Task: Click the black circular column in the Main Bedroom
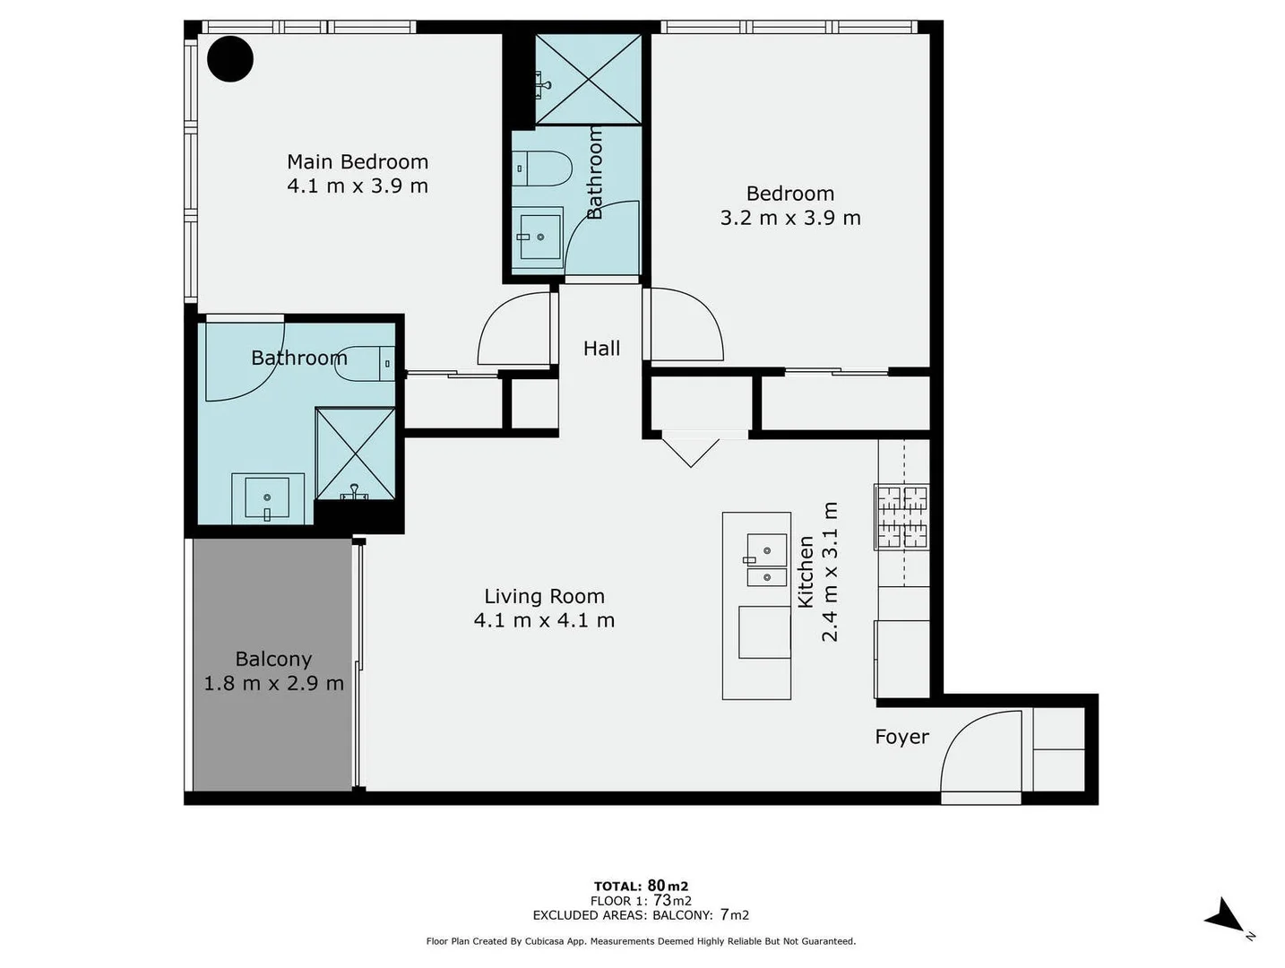coord(230,59)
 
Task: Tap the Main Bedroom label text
coord(358,162)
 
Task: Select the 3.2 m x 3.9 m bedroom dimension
coord(789,218)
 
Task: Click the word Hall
coord(601,349)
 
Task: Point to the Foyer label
coord(901,737)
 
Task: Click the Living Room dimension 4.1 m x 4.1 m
coord(544,620)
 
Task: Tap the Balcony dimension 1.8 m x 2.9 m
coord(273,683)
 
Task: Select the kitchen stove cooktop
coord(902,517)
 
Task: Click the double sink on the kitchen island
coord(766,560)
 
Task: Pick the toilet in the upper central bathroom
coord(543,169)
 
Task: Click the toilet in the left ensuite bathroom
coord(369,363)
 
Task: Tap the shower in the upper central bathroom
coord(588,80)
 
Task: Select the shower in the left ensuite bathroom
coord(356,453)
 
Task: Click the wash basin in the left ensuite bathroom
coord(267,497)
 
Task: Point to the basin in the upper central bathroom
coord(539,237)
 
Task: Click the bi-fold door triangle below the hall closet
coord(691,451)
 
